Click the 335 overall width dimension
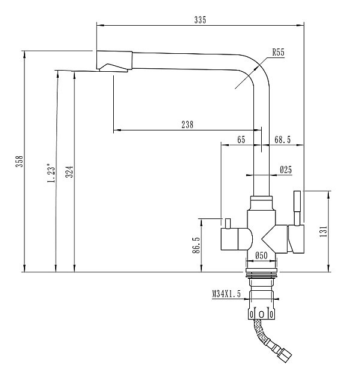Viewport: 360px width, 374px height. coord(200,20)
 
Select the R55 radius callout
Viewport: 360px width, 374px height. coord(277,53)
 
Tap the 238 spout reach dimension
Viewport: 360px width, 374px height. coord(187,124)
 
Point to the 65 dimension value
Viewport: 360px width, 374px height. coord(241,139)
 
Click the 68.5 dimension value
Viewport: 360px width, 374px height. coord(282,139)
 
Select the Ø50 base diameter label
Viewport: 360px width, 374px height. coord(261,256)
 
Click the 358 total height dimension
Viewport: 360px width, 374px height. coord(19,161)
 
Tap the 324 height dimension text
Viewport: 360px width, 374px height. coord(69,173)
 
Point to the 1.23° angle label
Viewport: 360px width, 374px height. coord(51,174)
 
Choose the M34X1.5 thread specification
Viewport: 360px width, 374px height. coord(226,294)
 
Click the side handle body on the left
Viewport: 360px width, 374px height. coord(234,240)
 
